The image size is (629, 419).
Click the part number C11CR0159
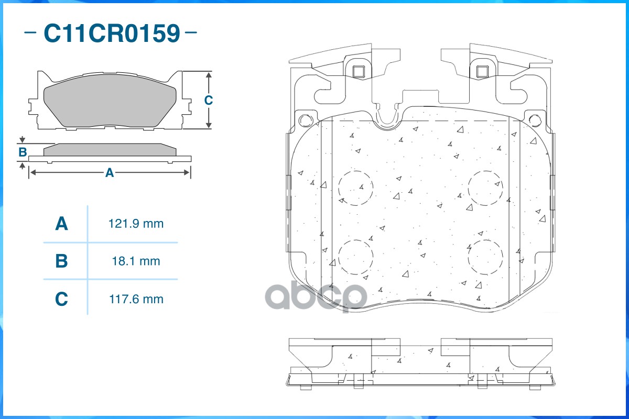(111, 33)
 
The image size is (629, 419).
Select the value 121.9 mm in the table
(136, 224)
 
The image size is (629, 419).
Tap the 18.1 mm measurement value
(136, 261)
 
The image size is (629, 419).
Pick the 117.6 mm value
(136, 299)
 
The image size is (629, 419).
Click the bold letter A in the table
(61, 224)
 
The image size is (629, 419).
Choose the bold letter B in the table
(61, 261)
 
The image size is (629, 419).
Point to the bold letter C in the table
(61, 299)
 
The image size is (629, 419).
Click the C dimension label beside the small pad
(208, 100)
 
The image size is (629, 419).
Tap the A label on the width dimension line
(109, 173)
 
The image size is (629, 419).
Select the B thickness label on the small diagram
(23, 152)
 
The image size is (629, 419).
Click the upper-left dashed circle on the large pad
(355, 188)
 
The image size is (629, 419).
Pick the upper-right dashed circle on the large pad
(485, 188)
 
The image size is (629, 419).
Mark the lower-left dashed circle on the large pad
(355, 257)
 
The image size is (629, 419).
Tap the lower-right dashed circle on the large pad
(485, 257)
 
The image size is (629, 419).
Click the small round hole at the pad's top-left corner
(305, 120)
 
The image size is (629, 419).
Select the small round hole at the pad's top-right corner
(535, 120)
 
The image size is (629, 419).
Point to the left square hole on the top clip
(359, 71)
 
